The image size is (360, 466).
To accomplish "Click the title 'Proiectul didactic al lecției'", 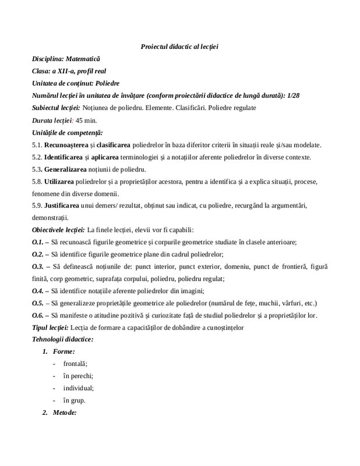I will [x=179, y=47].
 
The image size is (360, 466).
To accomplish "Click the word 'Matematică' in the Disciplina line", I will [x=83, y=59].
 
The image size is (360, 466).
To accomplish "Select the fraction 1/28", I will [x=309, y=96].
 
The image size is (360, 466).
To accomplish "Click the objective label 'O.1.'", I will [x=38, y=242].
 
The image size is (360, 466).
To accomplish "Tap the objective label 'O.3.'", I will [x=38, y=266].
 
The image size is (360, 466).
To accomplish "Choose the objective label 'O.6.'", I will [x=38, y=315].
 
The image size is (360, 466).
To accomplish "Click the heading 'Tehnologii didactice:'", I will [x=63, y=340].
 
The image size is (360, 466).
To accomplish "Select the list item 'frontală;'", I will [x=76, y=363].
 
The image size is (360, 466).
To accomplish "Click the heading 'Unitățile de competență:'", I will [x=67, y=133].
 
